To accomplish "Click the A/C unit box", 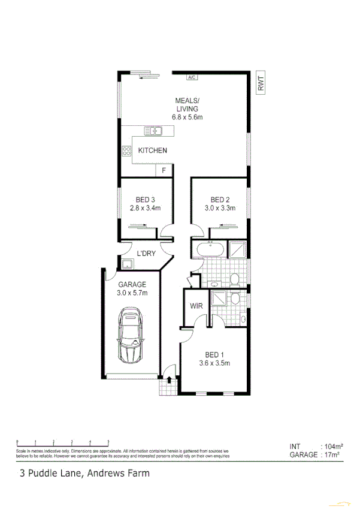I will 192,77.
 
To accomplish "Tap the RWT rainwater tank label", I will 261,83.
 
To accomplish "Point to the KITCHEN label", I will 152,150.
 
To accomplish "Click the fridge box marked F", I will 164,171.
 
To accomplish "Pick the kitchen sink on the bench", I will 153,130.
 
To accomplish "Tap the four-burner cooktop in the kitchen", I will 127,151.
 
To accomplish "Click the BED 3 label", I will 146,200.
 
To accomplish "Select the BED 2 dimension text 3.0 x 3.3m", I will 220,209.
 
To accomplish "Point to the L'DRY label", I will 146,254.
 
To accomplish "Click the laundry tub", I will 128,263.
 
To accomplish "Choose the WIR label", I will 196,306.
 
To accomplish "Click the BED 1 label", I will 214,354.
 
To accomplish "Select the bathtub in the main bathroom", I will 208,249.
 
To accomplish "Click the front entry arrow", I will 170,379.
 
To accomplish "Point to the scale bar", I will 62,442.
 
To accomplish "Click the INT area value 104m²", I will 332,447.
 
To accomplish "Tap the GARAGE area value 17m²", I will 331,455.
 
